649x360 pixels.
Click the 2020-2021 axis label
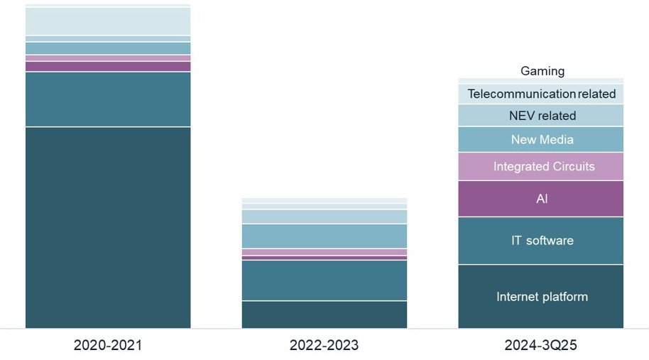point(108,346)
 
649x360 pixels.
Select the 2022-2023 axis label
point(324,346)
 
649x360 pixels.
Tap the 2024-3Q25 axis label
point(540,346)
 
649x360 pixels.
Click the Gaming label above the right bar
point(542,71)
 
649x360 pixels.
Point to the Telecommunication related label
point(541,94)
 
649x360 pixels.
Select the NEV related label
point(542,116)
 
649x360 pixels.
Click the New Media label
point(542,140)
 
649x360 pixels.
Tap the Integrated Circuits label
point(542,167)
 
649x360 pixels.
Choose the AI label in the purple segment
point(542,199)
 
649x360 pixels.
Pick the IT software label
point(542,241)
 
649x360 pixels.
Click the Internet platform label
point(542,297)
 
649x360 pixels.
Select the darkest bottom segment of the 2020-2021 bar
point(108,227)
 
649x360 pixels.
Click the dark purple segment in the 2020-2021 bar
point(108,66)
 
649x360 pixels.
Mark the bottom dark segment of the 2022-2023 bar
point(324,315)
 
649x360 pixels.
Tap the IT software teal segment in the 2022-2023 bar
point(324,280)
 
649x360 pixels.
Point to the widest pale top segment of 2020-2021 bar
point(108,21)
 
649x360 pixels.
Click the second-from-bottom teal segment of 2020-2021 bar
point(108,99)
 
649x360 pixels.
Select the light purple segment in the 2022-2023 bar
point(324,252)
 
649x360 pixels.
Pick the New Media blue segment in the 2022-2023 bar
point(324,236)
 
